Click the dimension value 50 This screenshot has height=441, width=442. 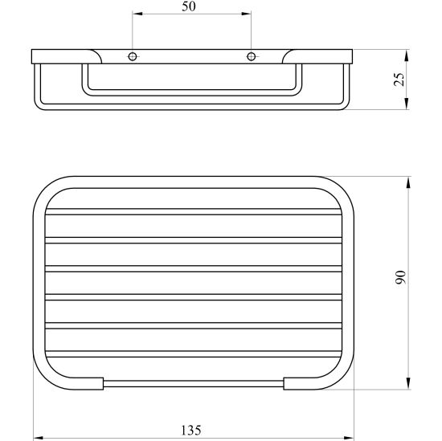[x=189, y=6]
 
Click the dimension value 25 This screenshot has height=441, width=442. [x=399, y=80]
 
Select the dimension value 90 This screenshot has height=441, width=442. [x=400, y=277]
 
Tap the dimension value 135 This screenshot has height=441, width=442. [x=190, y=431]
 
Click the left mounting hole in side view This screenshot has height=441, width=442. [x=133, y=57]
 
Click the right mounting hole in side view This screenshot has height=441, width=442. [x=252, y=57]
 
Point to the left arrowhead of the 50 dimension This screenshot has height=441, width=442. [x=137, y=14]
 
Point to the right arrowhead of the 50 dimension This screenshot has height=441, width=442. [x=246, y=14]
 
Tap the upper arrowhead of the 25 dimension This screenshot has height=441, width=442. [x=407, y=55]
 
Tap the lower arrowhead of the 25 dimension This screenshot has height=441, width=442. [x=407, y=104]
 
